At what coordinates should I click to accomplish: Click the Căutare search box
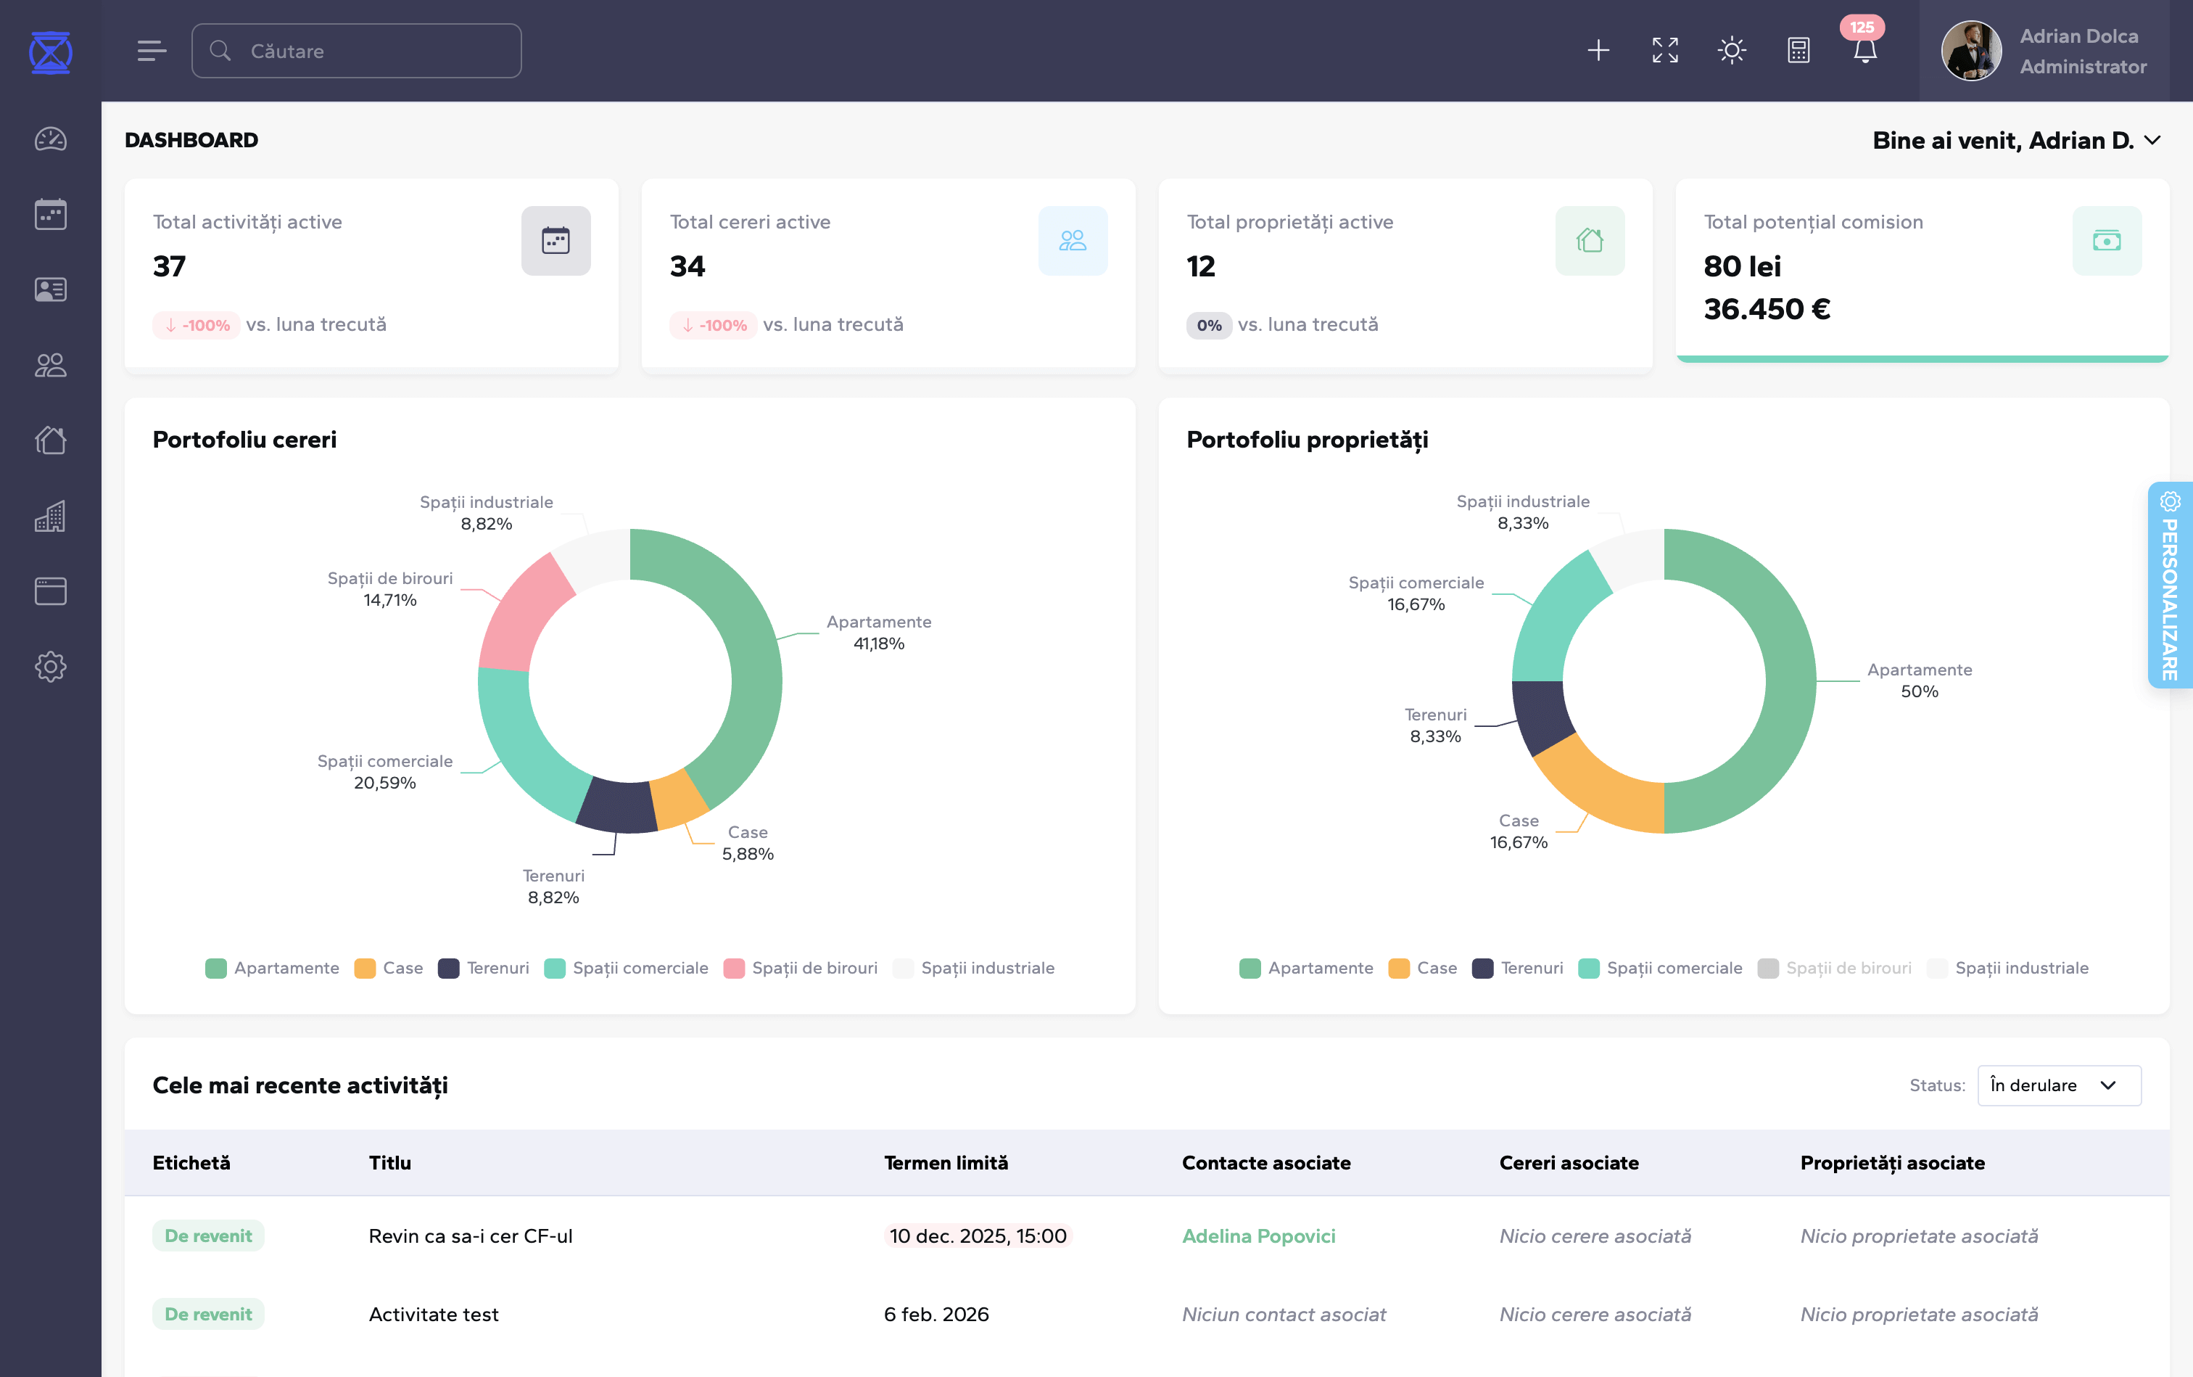tap(356, 51)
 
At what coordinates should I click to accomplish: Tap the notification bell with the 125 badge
tap(1864, 51)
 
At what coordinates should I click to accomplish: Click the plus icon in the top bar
tap(1598, 51)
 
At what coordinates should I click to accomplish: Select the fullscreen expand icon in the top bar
tap(1664, 51)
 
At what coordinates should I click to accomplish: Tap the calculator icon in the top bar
tap(1798, 51)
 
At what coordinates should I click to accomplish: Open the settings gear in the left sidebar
tap(50, 667)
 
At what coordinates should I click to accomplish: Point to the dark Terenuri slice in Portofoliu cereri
tap(616, 803)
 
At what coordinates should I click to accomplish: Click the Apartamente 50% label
tap(1919, 681)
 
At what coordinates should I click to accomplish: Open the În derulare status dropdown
tap(2058, 1085)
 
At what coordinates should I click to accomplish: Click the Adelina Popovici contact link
tap(1258, 1236)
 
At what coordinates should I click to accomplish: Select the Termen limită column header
tap(946, 1163)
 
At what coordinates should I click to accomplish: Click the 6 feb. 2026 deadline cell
tap(936, 1314)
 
